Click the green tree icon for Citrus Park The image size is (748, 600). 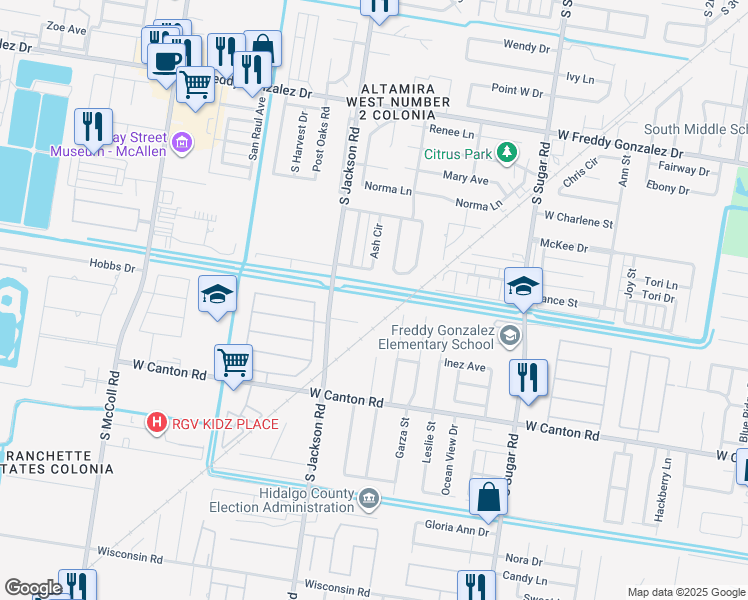(508, 153)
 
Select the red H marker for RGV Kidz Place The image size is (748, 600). (156, 424)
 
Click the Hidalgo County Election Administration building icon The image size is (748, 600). (369, 497)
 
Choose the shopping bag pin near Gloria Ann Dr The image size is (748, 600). (487, 497)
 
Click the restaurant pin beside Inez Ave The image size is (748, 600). (527, 377)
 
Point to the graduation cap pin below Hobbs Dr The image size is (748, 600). (217, 294)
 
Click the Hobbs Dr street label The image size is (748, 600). (111, 267)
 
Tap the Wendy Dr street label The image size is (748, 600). (526, 46)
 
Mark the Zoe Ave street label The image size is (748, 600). (66, 30)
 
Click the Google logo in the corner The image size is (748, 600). (33, 588)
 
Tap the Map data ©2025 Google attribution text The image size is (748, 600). (686, 592)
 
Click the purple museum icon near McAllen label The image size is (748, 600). (181, 143)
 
